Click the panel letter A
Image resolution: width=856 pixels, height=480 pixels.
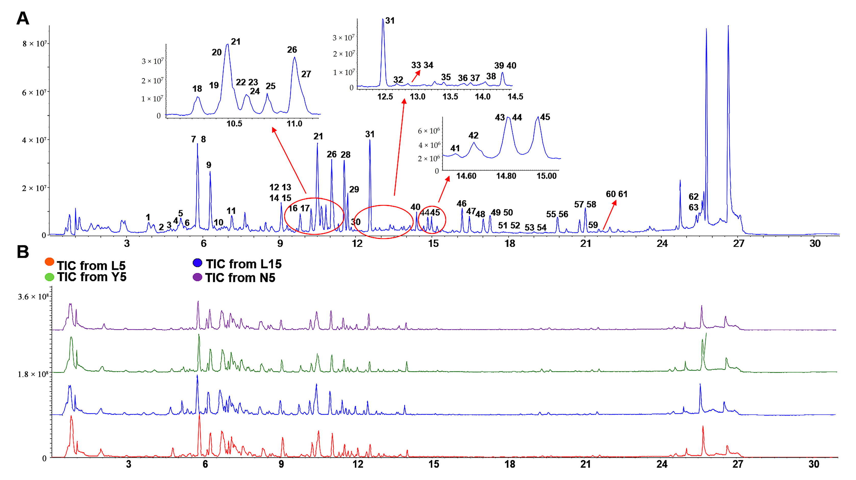point(23,19)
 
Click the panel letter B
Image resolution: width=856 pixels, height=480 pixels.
point(23,252)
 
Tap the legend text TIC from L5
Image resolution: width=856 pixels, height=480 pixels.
point(91,265)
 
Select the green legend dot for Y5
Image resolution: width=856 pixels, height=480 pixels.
point(49,277)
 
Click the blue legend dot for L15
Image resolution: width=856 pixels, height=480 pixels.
point(198,263)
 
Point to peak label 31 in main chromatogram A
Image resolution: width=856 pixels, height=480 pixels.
point(370,134)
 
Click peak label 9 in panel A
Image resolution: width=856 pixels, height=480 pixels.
point(209,165)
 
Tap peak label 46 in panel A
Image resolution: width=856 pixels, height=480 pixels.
point(461,204)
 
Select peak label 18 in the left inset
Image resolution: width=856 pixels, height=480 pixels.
point(197,89)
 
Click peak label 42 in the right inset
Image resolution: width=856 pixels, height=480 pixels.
point(473,135)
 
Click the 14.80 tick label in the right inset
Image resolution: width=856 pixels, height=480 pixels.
point(506,176)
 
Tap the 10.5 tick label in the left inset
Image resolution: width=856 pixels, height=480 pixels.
point(234,124)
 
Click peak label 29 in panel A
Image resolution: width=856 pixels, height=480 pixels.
point(354,189)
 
